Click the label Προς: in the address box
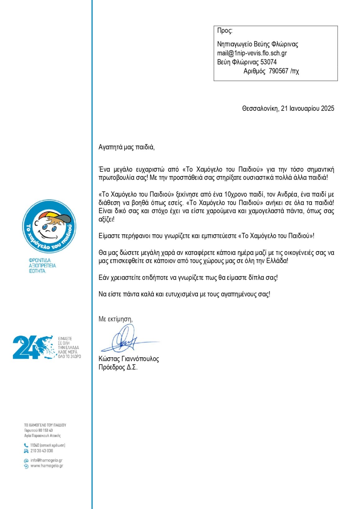(224, 31)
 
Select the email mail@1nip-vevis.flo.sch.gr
(252, 53)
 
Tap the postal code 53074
(268, 62)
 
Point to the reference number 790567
(278, 71)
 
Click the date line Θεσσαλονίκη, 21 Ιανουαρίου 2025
(288, 108)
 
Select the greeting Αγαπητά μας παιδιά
(126, 147)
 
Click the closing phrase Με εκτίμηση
(115, 319)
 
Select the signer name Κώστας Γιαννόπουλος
(128, 359)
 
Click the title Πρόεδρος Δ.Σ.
(118, 367)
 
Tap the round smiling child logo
(49, 227)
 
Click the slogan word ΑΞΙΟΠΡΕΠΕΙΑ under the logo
(43, 266)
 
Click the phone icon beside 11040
(26, 445)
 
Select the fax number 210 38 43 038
(42, 451)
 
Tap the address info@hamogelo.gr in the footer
(46, 461)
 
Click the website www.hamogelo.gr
(47, 466)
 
